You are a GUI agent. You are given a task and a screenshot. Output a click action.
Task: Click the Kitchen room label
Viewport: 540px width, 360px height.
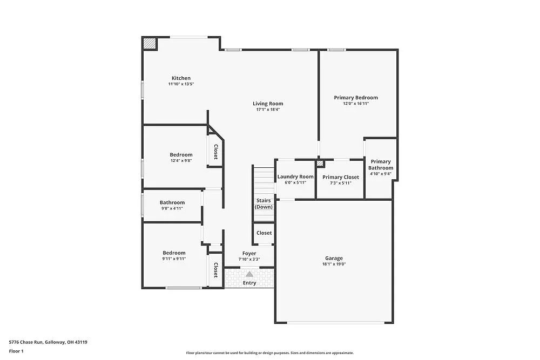(181, 78)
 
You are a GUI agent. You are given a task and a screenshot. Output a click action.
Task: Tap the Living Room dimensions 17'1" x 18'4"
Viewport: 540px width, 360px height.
(268, 110)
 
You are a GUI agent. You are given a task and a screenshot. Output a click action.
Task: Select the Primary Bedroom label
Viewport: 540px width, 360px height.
(356, 98)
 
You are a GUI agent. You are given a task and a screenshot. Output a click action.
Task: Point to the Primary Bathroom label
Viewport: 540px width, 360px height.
(381, 165)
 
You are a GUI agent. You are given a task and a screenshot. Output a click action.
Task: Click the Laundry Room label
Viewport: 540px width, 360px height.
(295, 177)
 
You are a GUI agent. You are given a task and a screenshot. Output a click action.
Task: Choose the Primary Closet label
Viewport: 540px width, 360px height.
(341, 177)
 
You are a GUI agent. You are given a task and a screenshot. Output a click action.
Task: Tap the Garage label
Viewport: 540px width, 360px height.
(334, 258)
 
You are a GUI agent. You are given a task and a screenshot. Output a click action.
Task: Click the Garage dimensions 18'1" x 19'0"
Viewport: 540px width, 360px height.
(334, 264)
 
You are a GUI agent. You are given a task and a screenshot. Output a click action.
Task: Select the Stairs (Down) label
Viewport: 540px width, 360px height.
(264, 203)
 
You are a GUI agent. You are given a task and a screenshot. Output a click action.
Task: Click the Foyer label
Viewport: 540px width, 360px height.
(249, 253)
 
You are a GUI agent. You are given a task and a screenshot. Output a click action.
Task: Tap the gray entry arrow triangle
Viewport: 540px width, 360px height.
(249, 274)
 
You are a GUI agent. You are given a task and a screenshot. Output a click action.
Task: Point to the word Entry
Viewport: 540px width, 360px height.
(249, 283)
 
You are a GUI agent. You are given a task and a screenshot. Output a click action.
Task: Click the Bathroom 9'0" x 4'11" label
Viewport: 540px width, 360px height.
(172, 203)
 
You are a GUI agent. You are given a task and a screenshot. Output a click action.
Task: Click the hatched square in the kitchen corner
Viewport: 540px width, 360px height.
(150, 44)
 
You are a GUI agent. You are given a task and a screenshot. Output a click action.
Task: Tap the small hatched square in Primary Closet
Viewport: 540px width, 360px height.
(321, 163)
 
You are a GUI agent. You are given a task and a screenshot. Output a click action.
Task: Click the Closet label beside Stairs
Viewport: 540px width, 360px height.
(264, 233)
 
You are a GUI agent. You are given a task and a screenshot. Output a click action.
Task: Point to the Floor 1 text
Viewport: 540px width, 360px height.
(16, 351)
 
